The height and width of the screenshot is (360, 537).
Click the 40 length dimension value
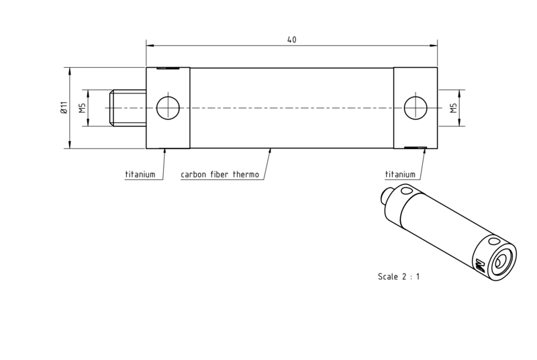point(291,40)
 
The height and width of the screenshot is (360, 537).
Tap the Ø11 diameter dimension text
point(64,107)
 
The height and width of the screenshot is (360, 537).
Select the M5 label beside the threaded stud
point(83,108)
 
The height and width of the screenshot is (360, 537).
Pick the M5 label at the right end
point(454,108)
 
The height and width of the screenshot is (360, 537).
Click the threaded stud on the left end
point(128,108)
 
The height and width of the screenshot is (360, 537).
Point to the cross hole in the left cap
point(168,108)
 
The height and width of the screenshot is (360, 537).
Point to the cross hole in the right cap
point(416,108)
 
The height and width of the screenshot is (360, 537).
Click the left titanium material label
point(140,175)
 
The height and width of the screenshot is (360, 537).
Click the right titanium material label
point(400,175)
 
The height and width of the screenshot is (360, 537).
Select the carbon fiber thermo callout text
point(220,175)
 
